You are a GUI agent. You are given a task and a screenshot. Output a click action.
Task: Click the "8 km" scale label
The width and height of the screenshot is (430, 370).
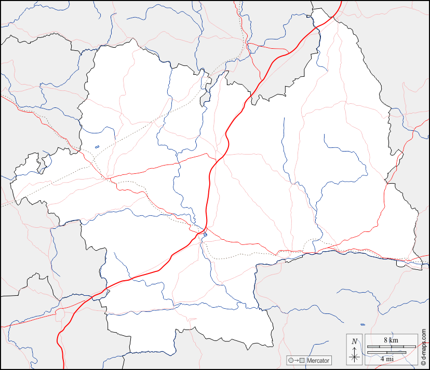(391, 340)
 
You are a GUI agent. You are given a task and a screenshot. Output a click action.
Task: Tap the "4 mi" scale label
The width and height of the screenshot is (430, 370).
(386, 358)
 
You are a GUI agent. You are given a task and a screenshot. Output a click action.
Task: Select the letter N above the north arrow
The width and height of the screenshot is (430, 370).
(355, 341)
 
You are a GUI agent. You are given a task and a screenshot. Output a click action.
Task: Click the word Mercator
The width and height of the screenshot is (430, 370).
(317, 361)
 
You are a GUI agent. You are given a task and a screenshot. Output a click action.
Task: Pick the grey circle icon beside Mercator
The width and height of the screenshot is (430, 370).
(291, 361)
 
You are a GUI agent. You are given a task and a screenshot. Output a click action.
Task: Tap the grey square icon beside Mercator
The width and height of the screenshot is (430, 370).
(302, 361)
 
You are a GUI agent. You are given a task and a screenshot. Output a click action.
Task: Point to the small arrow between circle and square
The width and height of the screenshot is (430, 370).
(296, 361)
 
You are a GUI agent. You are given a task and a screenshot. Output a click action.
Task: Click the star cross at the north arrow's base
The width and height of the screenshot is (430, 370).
(355, 357)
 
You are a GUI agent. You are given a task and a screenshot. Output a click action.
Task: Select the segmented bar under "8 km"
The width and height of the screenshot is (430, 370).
(391, 346)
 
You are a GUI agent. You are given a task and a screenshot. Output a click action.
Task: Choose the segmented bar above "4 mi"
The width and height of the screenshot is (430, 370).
(386, 352)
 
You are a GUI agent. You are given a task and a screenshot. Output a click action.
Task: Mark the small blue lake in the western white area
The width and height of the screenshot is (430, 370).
(97, 146)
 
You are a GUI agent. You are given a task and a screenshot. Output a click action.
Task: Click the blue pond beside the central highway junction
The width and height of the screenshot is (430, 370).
(205, 235)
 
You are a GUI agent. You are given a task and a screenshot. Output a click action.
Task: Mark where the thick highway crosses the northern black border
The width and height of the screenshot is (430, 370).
(252, 95)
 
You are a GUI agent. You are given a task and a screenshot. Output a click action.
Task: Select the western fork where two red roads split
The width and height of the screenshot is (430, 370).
(107, 179)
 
